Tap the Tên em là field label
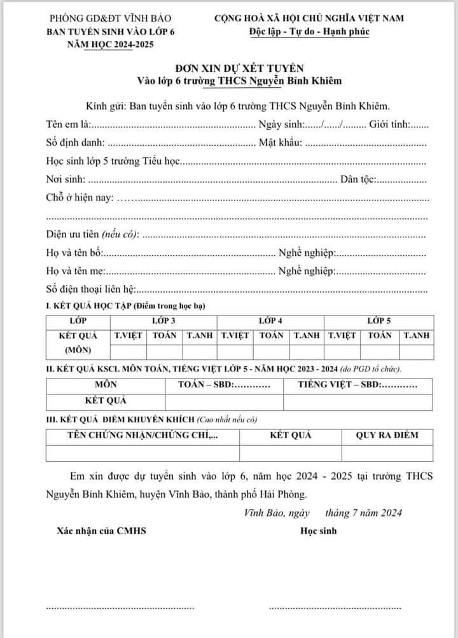[69, 124]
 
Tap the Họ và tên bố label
[74, 253]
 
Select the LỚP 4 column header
[271, 321]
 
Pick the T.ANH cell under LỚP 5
[417, 335]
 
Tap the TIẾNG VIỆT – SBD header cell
[357, 385]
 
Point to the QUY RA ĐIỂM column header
[387, 436]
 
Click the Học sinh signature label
[318, 531]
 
